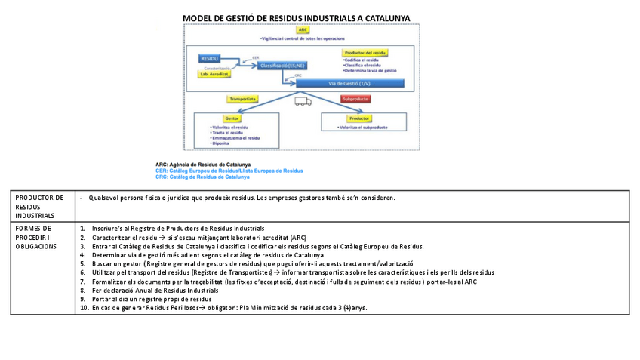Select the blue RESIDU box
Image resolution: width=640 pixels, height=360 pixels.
point(210,58)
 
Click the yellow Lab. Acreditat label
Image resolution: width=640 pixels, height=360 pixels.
point(214,74)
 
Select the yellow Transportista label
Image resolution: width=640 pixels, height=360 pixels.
point(243,99)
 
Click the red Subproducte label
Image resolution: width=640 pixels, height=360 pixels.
point(356,99)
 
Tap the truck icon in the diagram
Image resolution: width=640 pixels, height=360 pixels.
point(302,100)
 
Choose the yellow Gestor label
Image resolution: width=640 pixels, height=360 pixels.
point(232,118)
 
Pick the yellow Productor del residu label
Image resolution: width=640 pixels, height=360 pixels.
point(366,52)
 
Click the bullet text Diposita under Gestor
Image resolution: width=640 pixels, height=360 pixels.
point(220,143)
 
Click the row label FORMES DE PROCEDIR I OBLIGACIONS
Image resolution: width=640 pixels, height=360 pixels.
point(34,237)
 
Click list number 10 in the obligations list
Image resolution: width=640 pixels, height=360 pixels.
point(84,308)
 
